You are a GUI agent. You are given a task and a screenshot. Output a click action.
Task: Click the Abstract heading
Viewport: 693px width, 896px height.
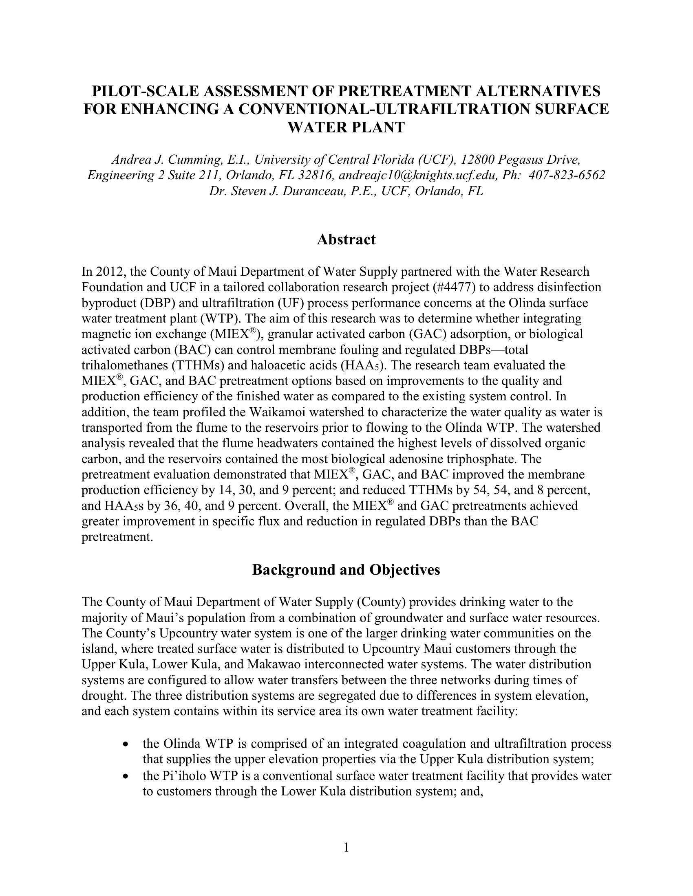tap(346, 239)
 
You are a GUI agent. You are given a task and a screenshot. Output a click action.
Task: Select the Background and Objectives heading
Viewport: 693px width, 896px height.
tap(346, 570)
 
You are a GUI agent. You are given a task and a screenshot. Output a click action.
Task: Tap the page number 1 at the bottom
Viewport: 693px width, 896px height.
tap(346, 847)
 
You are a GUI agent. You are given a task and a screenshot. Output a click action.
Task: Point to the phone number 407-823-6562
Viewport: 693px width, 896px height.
tap(567, 175)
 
